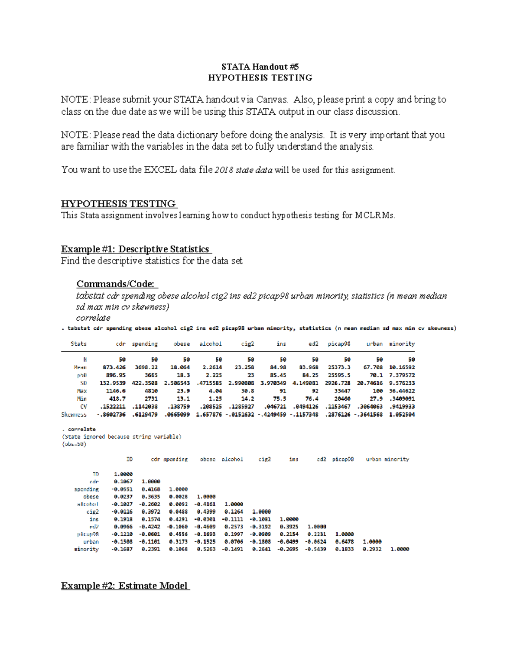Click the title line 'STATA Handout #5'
[x=260, y=67]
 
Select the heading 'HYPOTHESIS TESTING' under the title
[x=260, y=78]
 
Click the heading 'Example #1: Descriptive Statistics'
[x=136, y=249]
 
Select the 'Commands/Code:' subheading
[x=117, y=284]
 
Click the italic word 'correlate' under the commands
[x=93, y=318]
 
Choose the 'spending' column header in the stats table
[x=145, y=344]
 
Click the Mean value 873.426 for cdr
[x=114, y=367]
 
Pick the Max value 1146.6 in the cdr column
[x=116, y=391]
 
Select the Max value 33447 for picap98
[x=342, y=391]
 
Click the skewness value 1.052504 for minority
[x=402, y=414]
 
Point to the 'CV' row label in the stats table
[x=83, y=406]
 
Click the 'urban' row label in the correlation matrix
[x=91, y=542]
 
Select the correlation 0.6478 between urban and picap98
[x=344, y=542]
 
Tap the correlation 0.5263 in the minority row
[x=206, y=549]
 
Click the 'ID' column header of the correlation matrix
[x=129, y=459]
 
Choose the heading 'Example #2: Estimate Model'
[x=125, y=586]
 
